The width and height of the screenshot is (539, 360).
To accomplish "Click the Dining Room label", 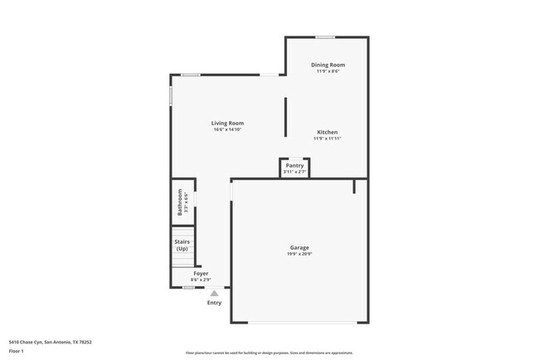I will click(328, 65).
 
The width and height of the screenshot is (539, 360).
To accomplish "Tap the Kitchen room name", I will click(327, 132).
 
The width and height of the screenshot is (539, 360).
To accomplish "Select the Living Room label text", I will click(227, 123).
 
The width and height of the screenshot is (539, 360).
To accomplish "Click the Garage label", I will click(299, 247).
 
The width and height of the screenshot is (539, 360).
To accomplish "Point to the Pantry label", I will click(294, 165).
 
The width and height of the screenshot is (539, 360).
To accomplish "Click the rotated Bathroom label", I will click(179, 202).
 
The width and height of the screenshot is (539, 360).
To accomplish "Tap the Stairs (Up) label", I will click(182, 246).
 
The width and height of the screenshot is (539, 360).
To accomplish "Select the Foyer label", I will click(201, 273).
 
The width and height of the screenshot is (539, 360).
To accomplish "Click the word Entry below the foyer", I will click(214, 303).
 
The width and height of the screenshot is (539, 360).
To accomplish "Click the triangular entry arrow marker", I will click(214, 293).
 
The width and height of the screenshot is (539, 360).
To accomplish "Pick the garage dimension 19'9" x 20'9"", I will click(299, 254).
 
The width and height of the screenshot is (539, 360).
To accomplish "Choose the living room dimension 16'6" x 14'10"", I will click(227, 129).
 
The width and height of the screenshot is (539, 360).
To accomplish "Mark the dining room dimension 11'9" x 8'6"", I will click(328, 71).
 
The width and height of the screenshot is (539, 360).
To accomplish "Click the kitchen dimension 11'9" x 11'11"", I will click(327, 139).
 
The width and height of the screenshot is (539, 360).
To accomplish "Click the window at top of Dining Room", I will click(325, 36).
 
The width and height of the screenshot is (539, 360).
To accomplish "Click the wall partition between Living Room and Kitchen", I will click(286, 117).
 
